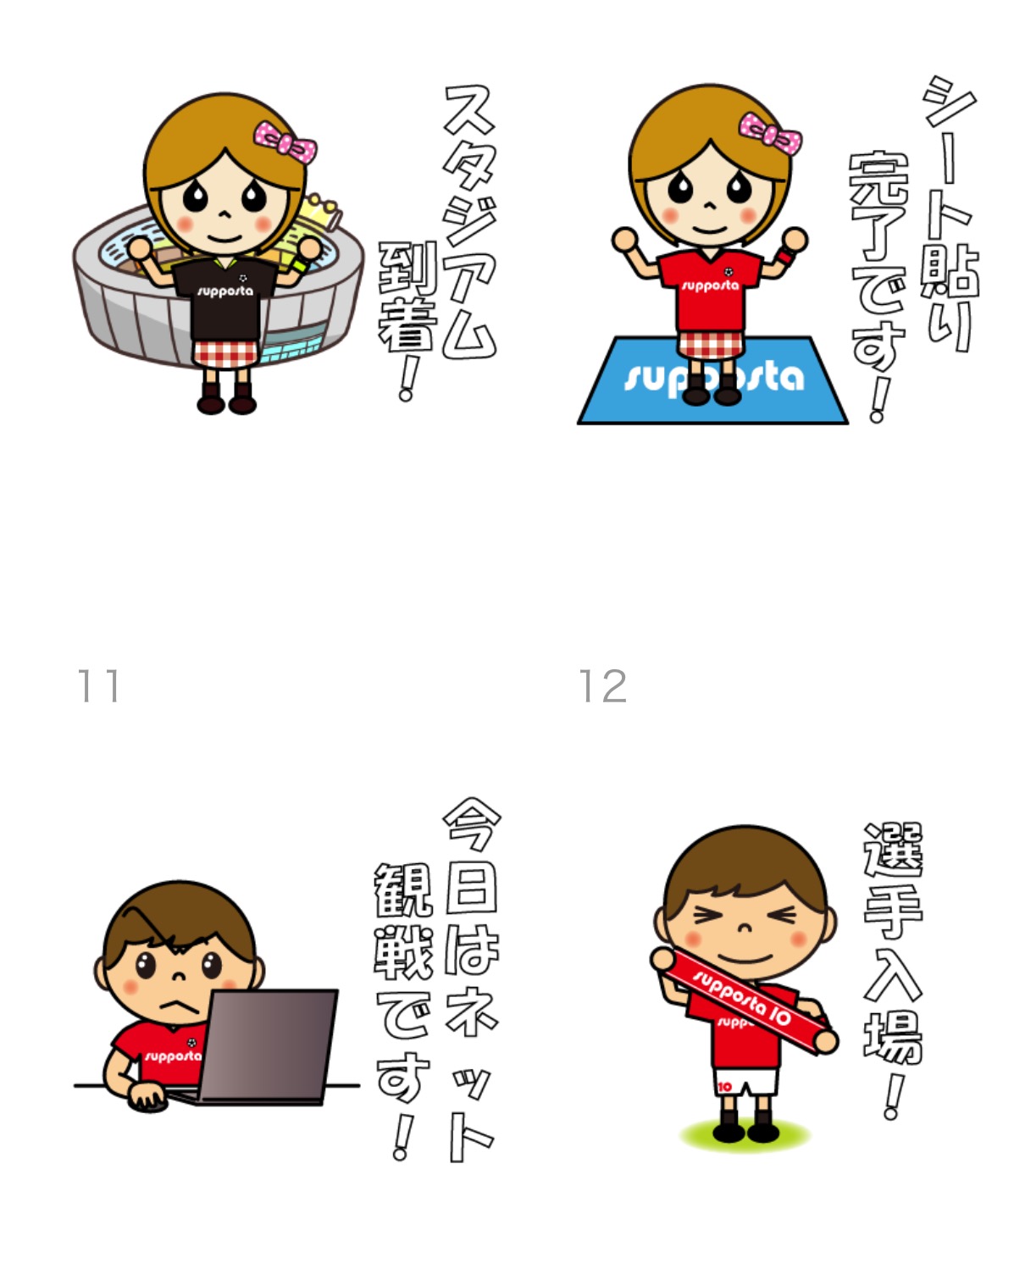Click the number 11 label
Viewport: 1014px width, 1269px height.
98,685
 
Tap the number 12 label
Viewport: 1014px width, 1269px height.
602,685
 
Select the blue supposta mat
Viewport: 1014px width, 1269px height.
712,380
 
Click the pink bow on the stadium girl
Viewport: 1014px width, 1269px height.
285,142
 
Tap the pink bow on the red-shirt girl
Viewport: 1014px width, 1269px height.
770,133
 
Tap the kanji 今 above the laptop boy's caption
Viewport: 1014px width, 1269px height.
472,823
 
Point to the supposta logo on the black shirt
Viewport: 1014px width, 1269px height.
224,291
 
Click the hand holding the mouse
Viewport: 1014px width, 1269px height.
147,1096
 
